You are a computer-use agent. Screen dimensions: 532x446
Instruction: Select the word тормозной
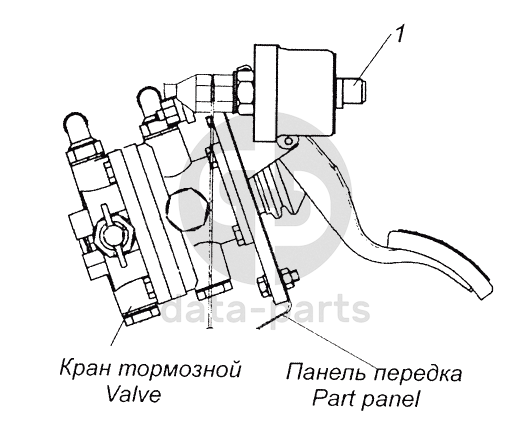tap(180, 369)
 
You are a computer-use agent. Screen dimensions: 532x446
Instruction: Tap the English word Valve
tap(133, 394)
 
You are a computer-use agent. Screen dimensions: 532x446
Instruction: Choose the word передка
tap(418, 374)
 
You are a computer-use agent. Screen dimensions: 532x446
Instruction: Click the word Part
tap(334, 399)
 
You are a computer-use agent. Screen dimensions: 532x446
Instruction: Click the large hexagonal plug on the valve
tap(186, 208)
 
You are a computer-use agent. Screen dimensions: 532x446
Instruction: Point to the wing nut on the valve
tap(113, 235)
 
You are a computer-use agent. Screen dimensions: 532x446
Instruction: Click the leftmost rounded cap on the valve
tap(77, 126)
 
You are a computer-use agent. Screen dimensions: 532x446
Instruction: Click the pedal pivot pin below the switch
tap(289, 140)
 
